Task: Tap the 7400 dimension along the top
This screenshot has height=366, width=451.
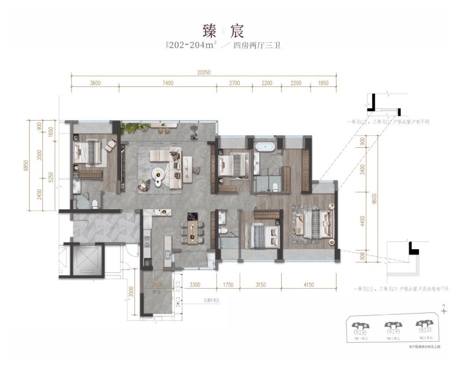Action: point(167,83)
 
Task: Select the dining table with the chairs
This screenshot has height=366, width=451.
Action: point(195,231)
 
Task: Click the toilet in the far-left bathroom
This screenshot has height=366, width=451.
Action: point(95,202)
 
